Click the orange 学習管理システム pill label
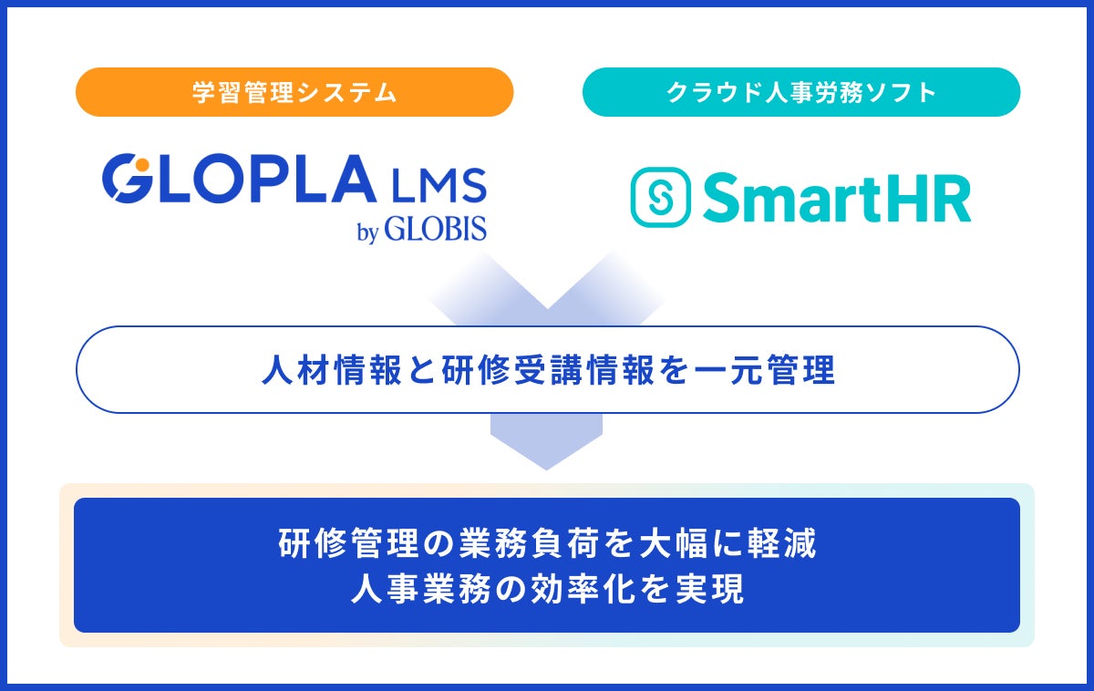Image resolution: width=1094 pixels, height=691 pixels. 294,92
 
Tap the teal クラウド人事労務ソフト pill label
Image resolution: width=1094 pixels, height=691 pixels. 801,92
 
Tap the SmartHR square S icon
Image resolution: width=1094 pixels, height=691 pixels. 660,197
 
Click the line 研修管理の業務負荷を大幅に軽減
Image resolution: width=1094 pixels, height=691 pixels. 546,544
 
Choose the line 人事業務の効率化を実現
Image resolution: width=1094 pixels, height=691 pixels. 546,589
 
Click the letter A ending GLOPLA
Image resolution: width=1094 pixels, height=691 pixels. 350,180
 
